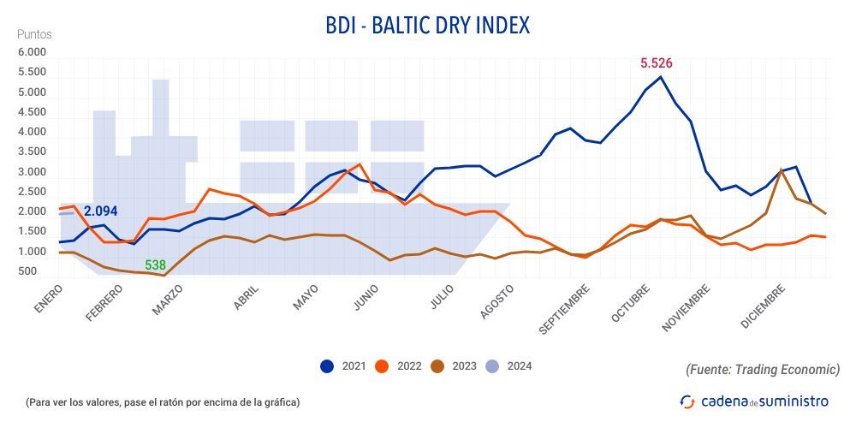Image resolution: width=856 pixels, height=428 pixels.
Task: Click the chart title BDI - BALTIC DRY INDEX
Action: tap(427, 26)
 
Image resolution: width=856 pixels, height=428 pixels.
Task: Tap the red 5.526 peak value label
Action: tap(657, 62)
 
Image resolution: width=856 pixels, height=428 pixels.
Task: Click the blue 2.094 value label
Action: tap(100, 211)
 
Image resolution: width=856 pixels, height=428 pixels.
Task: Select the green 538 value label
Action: tap(155, 265)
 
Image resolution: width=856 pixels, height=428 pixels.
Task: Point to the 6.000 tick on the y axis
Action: tap(32, 53)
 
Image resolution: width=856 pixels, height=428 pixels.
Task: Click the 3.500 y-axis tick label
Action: tap(32, 152)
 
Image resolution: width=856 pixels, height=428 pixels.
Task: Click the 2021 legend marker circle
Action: tap(327, 366)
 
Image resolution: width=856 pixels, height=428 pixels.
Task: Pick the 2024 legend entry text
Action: tap(519, 366)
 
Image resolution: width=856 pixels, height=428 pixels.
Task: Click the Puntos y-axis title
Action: tap(34, 34)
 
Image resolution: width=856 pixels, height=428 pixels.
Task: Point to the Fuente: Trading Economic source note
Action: tap(763, 370)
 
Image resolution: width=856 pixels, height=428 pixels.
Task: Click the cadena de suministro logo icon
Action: tap(687, 401)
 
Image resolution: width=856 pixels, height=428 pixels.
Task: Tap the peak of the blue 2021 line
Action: tap(660, 77)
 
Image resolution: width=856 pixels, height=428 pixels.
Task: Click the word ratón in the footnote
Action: tap(182, 401)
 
